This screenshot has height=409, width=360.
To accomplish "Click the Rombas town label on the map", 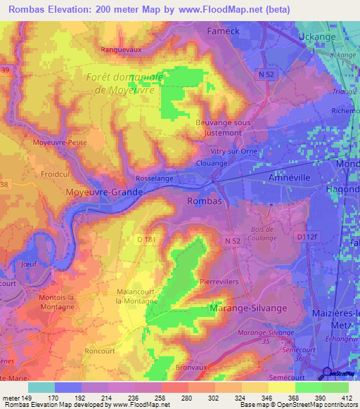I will click(x=205, y=201).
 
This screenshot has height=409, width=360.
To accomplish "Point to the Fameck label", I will click(x=225, y=31).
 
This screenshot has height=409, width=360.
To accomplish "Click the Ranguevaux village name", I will click(x=122, y=50).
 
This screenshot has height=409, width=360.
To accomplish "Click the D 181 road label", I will click(x=146, y=240).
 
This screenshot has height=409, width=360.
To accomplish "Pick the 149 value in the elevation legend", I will click(x=27, y=396).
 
